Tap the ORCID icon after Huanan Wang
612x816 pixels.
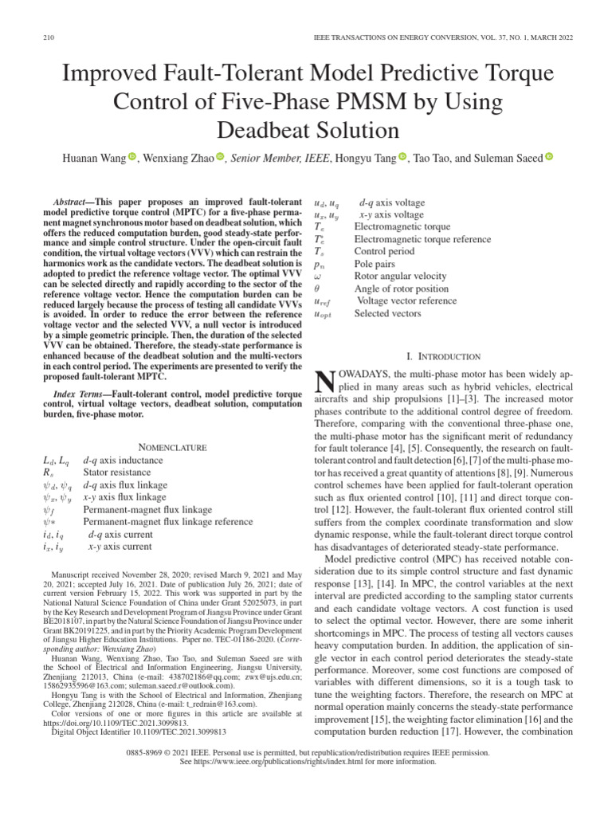click(132, 159)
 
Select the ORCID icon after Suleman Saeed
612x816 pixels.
click(549, 159)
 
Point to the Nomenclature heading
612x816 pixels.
click(173, 447)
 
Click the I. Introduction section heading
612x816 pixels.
click(442, 356)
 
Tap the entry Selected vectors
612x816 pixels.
click(389, 314)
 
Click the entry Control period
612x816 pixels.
click(384, 250)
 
